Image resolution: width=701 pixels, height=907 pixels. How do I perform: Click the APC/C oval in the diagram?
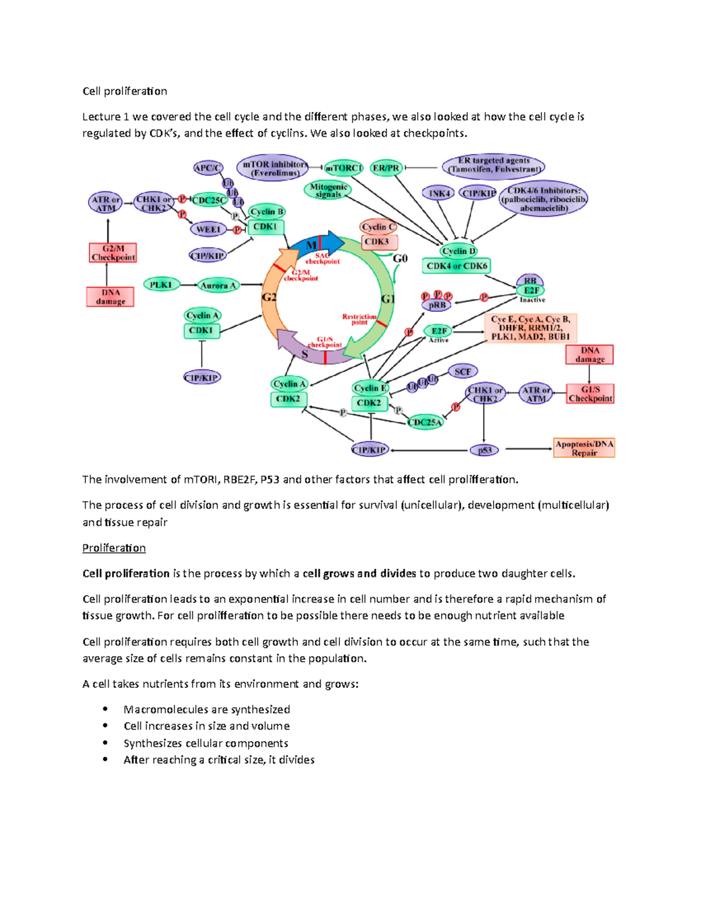(208, 168)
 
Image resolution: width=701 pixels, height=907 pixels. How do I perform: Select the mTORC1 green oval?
(343, 168)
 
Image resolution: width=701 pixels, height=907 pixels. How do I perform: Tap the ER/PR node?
(386, 168)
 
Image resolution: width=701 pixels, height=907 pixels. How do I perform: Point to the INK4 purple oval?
(439, 193)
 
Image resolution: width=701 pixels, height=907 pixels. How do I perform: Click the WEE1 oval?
(208, 230)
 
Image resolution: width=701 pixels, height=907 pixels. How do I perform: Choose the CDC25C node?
(209, 200)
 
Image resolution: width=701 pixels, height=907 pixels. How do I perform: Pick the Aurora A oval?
(218, 286)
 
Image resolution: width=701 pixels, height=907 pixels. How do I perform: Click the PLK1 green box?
(161, 285)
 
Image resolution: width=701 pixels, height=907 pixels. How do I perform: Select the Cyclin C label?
(378, 227)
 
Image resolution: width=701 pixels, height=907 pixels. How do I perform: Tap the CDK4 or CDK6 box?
(456, 266)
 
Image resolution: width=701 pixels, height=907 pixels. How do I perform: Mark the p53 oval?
(484, 450)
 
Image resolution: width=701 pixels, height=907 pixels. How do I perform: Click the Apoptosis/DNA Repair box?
(584, 448)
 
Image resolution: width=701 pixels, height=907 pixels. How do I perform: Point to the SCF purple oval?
(462, 371)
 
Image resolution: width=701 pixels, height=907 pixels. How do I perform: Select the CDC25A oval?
(425, 422)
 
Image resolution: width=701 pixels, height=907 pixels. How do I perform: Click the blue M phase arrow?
(318, 243)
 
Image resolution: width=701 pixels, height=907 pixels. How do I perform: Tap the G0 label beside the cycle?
(400, 259)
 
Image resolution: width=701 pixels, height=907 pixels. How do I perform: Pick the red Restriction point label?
(359, 319)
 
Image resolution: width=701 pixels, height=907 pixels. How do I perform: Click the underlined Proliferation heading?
(114, 548)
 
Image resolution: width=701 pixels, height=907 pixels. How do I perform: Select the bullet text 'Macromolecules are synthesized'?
(207, 710)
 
